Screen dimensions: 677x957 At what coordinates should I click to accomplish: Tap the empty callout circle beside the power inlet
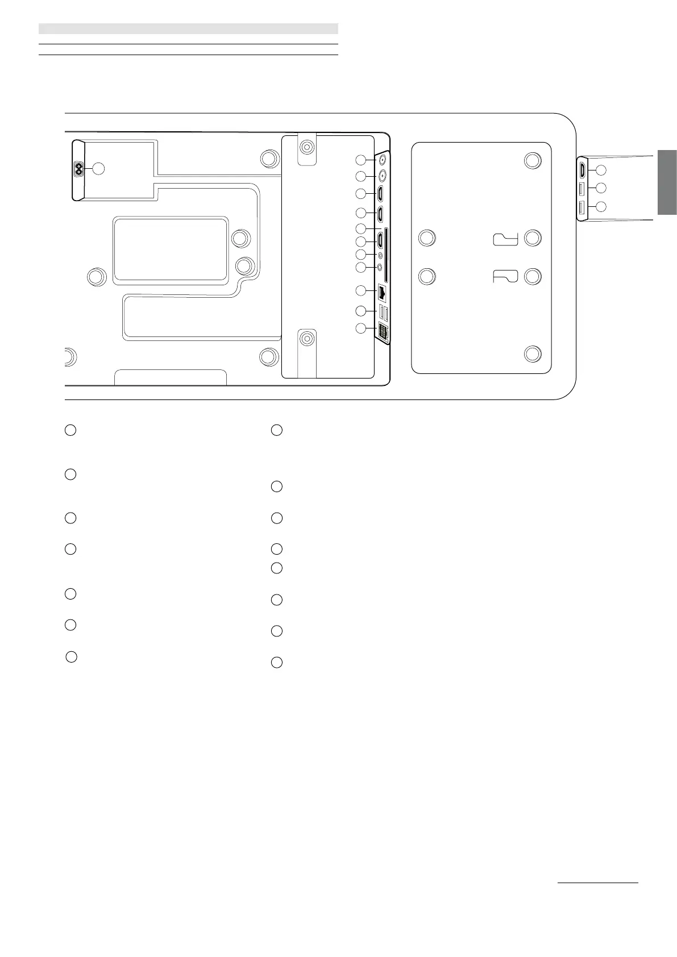[98, 169]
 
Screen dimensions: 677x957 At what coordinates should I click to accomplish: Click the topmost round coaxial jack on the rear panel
[383, 160]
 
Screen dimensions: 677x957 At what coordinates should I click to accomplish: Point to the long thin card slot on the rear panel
[387, 255]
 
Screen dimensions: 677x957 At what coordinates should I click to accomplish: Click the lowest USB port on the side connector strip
[582, 208]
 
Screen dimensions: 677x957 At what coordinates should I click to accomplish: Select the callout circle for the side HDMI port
[601, 170]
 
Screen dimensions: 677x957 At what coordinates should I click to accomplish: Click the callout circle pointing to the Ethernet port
[360, 291]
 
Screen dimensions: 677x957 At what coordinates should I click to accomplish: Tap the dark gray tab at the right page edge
[667, 182]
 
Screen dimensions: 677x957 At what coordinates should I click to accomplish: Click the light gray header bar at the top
[188, 29]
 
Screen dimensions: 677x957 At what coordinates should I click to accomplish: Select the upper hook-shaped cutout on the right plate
[505, 239]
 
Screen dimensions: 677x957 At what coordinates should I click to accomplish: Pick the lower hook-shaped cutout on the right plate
[505, 277]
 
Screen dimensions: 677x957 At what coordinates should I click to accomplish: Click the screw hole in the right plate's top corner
[532, 161]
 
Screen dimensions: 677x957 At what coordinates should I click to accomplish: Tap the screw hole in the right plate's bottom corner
[532, 353]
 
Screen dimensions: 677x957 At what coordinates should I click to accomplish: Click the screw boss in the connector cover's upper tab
[307, 147]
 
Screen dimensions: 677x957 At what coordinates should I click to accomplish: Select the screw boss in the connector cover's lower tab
[307, 339]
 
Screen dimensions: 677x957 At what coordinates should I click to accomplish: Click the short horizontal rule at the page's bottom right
[598, 883]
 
